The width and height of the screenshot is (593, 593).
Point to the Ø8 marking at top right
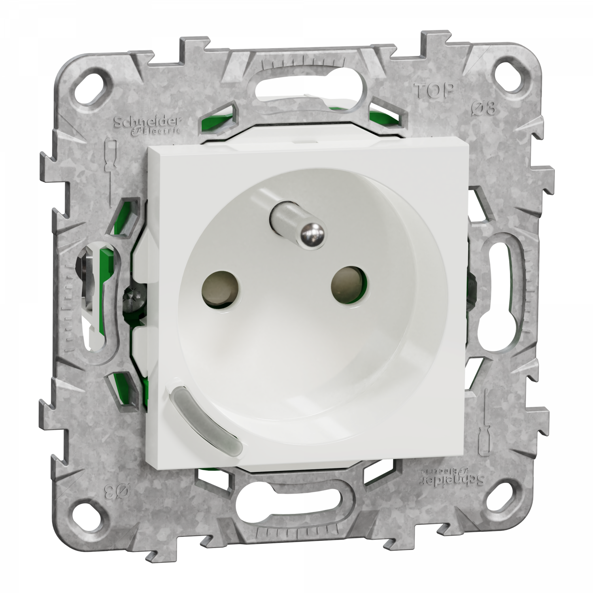485,108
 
